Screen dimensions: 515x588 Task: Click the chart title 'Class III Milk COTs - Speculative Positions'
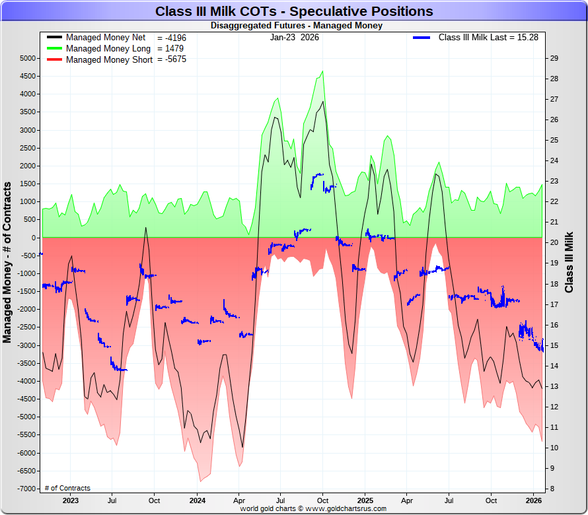(294, 11)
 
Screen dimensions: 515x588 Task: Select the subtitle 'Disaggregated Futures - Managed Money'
(296, 26)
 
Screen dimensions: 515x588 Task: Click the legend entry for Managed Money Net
(106, 38)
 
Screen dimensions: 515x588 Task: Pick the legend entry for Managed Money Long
(108, 49)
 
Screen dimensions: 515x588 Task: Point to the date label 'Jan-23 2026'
(294, 38)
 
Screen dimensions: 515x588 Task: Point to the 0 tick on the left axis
(32, 238)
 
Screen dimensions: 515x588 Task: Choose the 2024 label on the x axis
(198, 500)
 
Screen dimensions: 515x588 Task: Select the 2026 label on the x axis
(533, 500)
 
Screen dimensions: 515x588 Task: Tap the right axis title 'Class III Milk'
(570, 262)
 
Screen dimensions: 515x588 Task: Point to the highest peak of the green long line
(322, 71)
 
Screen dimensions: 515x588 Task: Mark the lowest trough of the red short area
(200, 481)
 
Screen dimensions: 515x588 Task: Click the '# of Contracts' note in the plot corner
(67, 489)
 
